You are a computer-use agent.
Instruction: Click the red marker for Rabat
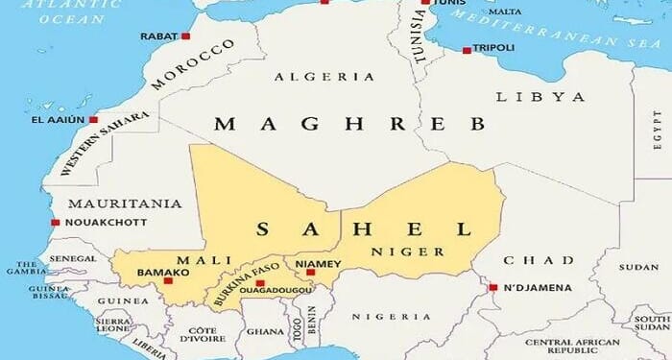(185, 36)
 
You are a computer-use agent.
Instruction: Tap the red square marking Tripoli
(467, 50)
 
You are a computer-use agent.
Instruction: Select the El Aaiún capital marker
(93, 120)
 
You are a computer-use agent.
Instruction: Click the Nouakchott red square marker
(55, 223)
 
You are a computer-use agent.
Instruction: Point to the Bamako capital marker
(168, 280)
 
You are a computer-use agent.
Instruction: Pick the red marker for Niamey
(310, 272)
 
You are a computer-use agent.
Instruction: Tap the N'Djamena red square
(492, 287)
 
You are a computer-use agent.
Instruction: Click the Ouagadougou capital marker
(259, 283)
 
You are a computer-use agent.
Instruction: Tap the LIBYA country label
(540, 97)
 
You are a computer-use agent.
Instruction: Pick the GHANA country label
(264, 331)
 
